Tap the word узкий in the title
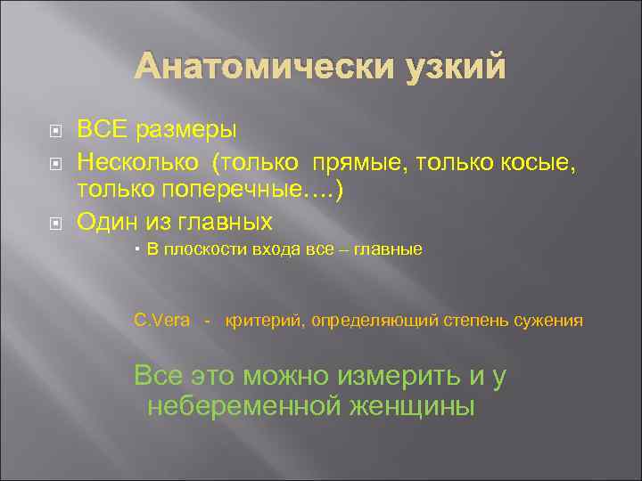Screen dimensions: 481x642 coord(443,67)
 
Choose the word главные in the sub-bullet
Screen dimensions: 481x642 coord(388,251)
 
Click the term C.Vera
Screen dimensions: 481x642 coord(161,321)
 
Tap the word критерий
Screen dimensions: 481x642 coord(264,321)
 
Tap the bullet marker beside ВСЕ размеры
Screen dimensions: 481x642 coord(55,131)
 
